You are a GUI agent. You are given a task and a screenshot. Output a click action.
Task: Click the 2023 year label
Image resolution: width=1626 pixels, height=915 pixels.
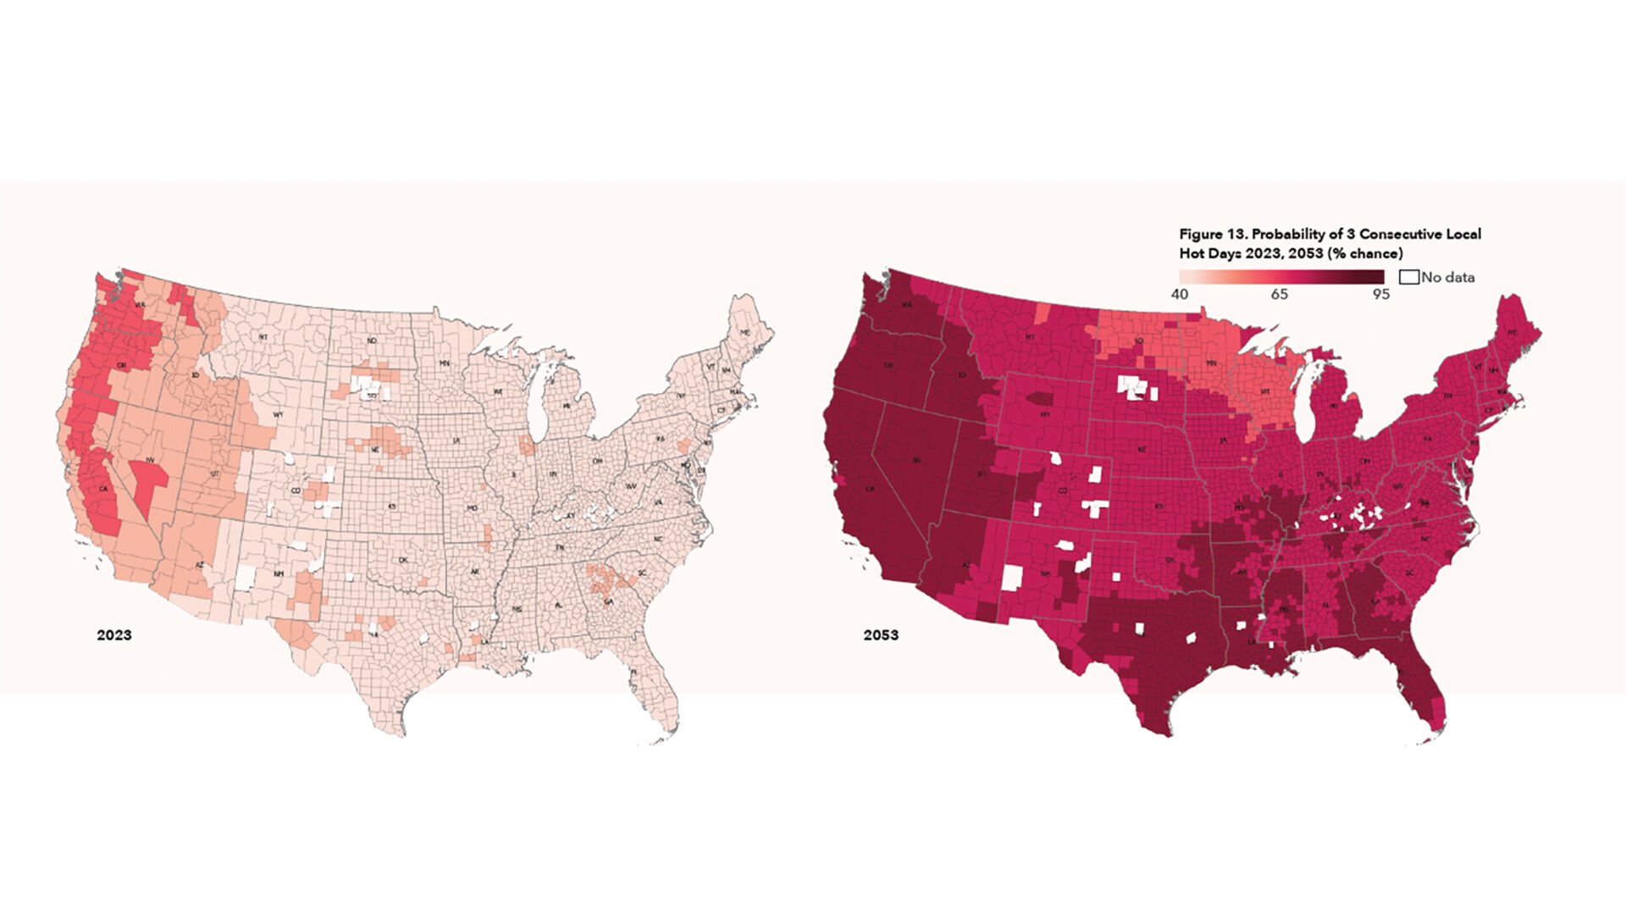pos(114,635)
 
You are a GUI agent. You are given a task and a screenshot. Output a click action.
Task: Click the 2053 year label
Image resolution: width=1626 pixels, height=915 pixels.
pos(881,635)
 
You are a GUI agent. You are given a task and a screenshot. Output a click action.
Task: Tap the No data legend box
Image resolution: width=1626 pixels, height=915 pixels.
pos(1409,277)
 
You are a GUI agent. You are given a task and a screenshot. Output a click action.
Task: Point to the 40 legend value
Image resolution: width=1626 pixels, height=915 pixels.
pos(1180,294)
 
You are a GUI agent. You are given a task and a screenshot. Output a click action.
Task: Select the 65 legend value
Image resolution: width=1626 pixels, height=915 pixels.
pos(1279,294)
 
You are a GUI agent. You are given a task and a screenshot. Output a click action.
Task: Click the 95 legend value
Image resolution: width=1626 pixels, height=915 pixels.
pos(1380,294)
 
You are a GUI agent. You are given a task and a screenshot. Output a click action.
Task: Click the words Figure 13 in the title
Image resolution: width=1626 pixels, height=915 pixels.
pos(1213,234)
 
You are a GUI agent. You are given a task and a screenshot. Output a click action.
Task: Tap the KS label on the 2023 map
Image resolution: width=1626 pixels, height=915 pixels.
pos(392,506)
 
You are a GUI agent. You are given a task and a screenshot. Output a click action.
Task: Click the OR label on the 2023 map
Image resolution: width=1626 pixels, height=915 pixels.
pos(121,366)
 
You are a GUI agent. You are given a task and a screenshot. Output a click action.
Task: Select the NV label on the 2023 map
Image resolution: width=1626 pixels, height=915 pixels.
pos(150,460)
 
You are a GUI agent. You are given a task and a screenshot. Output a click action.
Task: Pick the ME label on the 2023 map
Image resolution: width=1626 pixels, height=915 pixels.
pos(745,333)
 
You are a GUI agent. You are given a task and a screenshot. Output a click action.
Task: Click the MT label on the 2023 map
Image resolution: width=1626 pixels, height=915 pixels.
pos(263,336)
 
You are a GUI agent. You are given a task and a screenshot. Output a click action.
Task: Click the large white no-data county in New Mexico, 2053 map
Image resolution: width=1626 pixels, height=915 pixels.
pos(1012,578)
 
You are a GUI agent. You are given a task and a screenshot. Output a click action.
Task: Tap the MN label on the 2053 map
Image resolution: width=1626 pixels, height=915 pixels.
pos(1210,363)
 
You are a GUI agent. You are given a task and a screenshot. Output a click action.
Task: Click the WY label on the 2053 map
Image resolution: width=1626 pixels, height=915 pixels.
pos(1045,414)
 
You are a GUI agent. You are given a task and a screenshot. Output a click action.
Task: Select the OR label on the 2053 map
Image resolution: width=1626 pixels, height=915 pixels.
pos(888,365)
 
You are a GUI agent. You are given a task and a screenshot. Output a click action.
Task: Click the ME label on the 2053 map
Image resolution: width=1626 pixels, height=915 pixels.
pos(1512,334)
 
